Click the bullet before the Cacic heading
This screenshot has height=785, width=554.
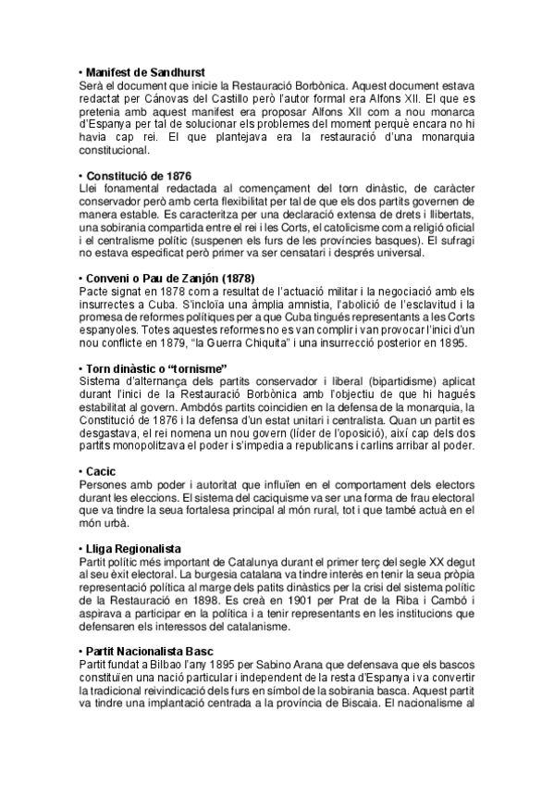point(80,472)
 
